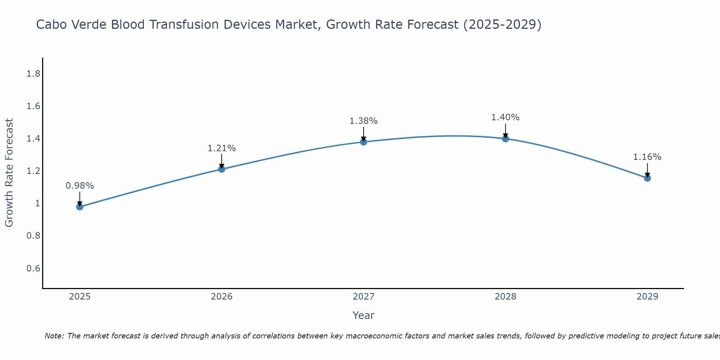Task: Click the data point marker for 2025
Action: [x=80, y=207]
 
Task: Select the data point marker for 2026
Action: [x=221, y=169]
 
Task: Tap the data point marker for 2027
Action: [x=363, y=142]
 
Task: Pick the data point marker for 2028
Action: [x=505, y=139]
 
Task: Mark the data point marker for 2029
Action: [x=647, y=178]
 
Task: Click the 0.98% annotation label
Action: [x=80, y=186]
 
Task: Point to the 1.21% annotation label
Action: [x=221, y=148]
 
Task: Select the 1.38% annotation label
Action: [x=363, y=121]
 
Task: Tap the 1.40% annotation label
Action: [x=505, y=117]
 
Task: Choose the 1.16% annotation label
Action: [x=647, y=157]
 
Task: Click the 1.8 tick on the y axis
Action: [x=33, y=74]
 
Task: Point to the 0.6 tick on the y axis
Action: [x=33, y=268]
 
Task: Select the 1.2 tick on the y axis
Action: [x=33, y=171]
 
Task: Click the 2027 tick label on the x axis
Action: [x=363, y=297]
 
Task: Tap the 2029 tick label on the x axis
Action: [x=647, y=297]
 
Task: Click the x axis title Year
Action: [x=363, y=315]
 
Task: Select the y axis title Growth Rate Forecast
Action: [x=9, y=173]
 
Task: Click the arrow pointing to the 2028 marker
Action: [x=505, y=130]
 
